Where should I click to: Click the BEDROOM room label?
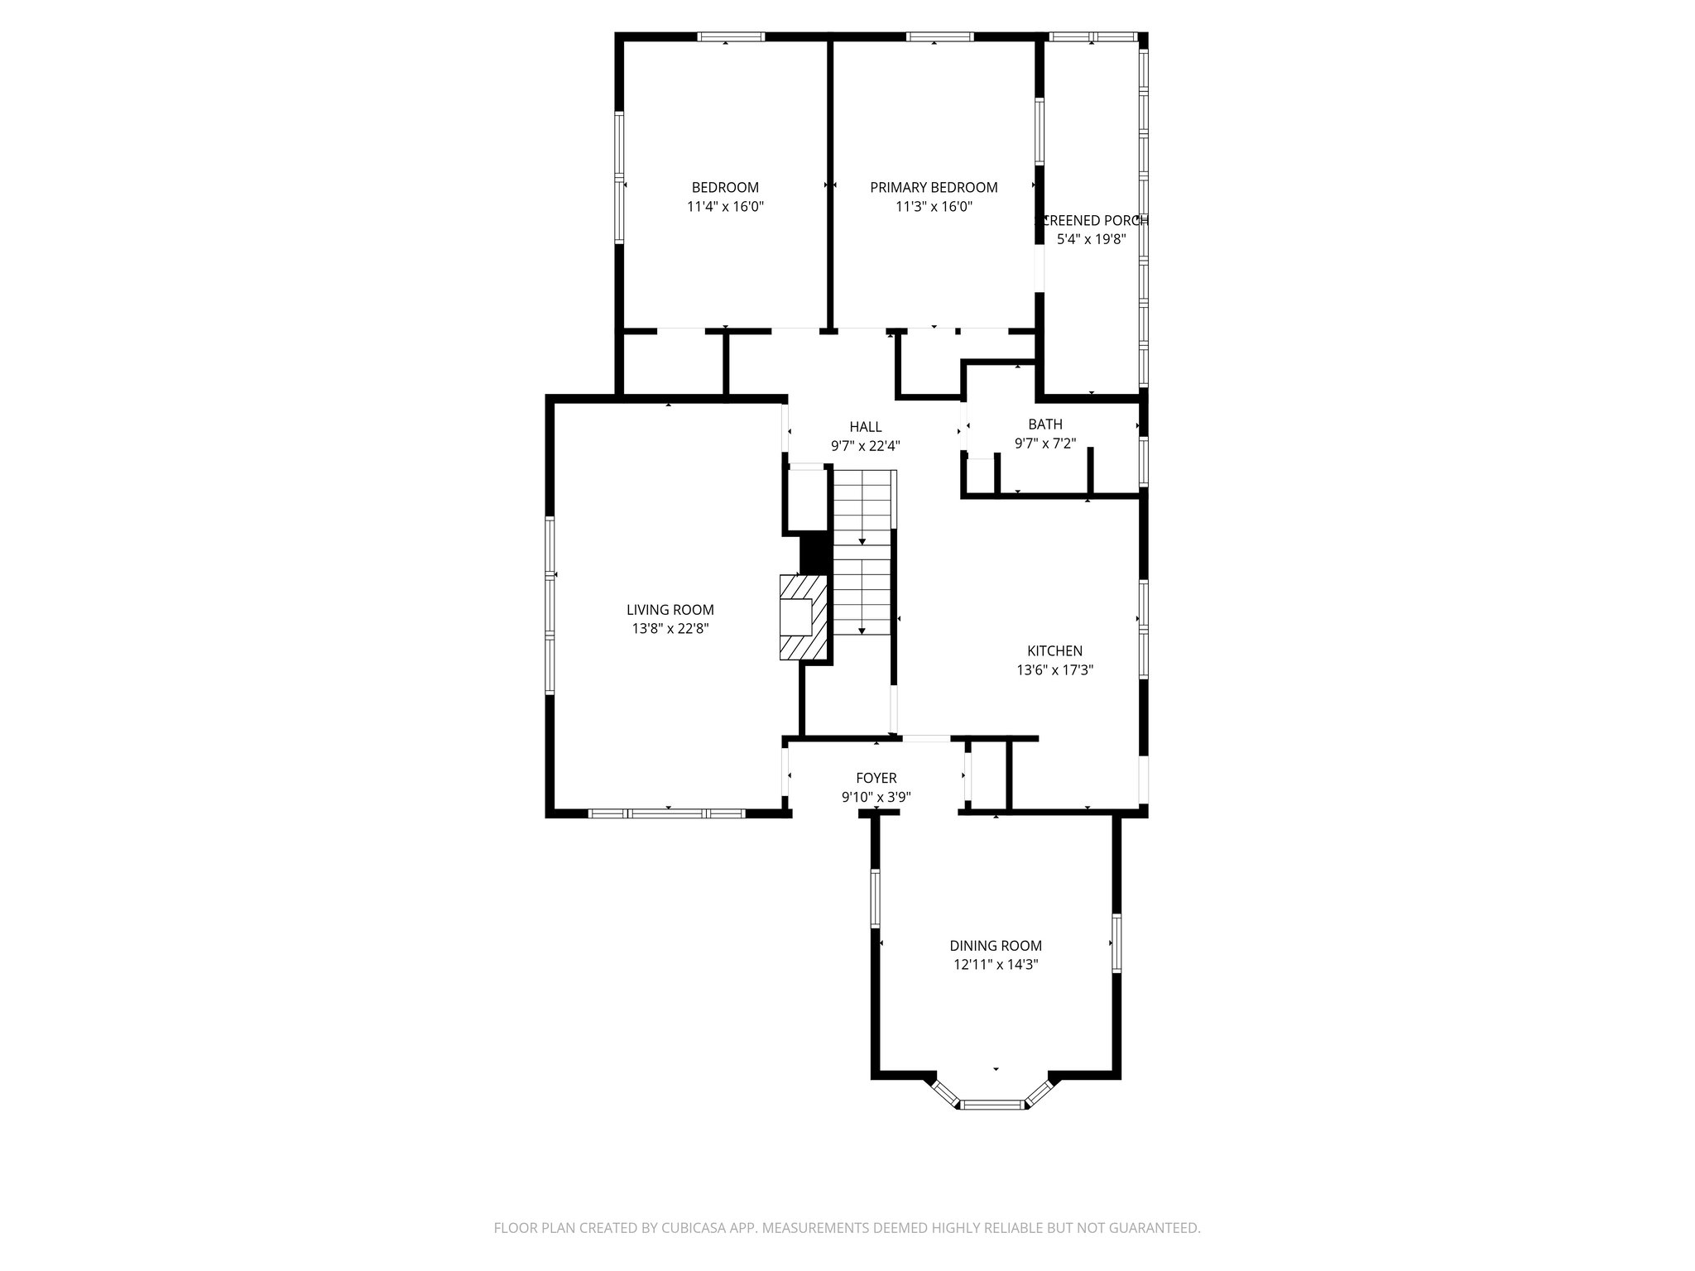725,188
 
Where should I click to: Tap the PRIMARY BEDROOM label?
934,188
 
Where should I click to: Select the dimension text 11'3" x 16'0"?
934,207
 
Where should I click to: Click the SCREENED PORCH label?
1092,221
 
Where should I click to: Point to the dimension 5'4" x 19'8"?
1092,240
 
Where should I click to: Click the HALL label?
866,427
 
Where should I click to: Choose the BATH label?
1045,424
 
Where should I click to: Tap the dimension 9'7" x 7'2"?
1045,444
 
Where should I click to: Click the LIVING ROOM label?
670,610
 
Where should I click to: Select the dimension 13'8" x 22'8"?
670,629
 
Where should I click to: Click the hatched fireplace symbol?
803,618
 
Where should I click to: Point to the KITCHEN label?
1055,651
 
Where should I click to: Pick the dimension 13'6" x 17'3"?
1055,670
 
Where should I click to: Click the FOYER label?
876,779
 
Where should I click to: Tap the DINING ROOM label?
996,946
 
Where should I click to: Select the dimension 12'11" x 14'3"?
996,965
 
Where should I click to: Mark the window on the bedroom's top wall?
730,37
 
